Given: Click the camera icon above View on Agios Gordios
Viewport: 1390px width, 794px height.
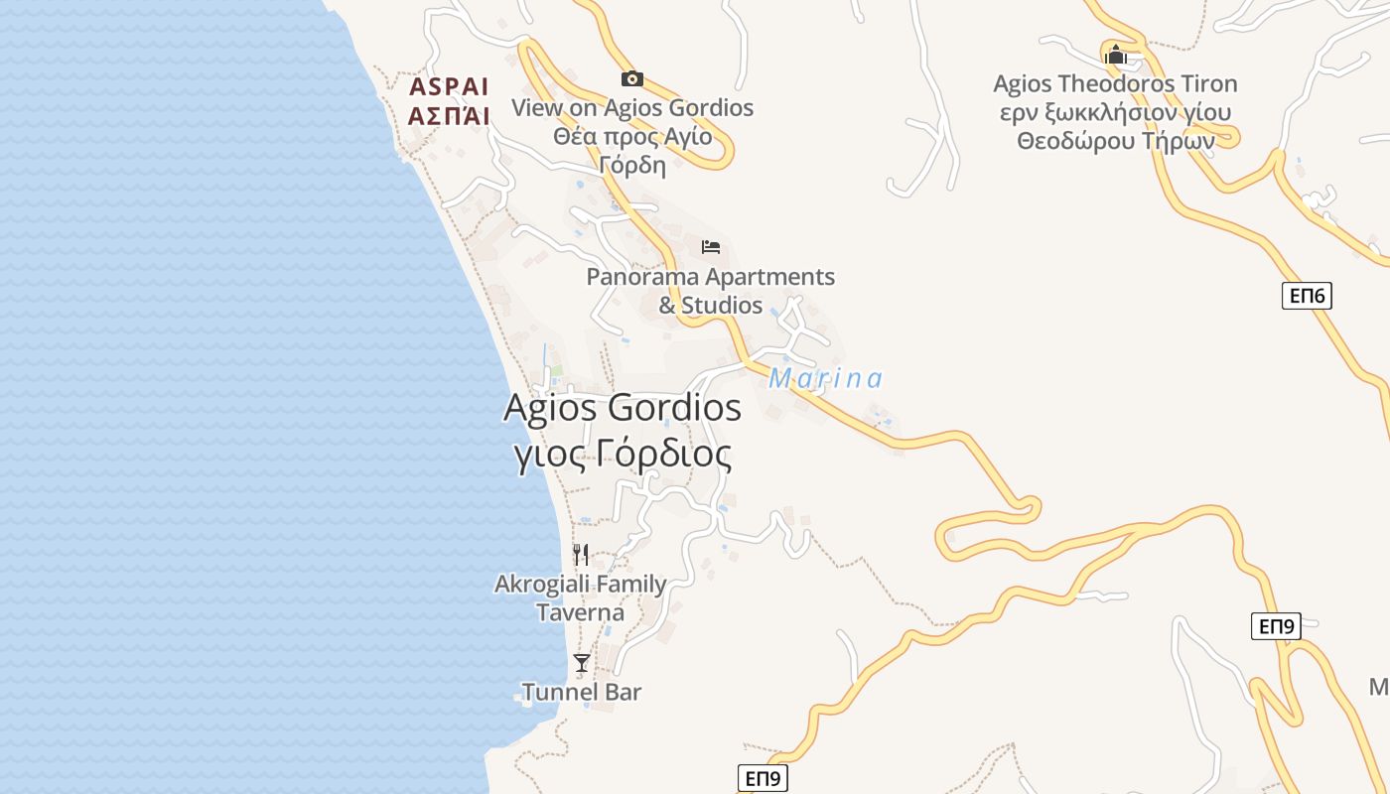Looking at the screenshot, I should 631,79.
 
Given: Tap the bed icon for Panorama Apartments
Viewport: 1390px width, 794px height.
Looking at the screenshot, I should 711,247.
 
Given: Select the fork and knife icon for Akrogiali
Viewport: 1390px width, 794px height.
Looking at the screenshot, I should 581,554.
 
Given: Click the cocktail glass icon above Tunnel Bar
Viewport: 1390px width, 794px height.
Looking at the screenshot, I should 582,662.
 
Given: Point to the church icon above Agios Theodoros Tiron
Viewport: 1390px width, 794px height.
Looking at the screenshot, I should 1116,54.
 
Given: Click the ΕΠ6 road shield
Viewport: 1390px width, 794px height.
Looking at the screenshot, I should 1306,296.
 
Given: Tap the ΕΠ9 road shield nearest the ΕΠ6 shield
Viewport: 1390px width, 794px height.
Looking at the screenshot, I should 1276,626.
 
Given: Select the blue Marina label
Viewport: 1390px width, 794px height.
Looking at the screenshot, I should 825,379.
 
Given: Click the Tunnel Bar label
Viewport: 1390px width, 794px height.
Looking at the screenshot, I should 582,692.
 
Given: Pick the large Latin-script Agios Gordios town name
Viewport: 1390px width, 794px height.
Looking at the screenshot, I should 623,408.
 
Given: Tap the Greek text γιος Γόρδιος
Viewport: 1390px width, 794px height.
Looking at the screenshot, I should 623,454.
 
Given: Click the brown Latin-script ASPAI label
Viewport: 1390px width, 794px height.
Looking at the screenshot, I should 449,85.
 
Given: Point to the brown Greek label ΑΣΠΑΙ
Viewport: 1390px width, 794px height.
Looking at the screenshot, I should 449,115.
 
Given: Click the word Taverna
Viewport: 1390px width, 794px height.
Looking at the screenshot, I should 581,612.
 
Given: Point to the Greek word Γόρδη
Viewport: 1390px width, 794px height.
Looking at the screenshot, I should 632,165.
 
